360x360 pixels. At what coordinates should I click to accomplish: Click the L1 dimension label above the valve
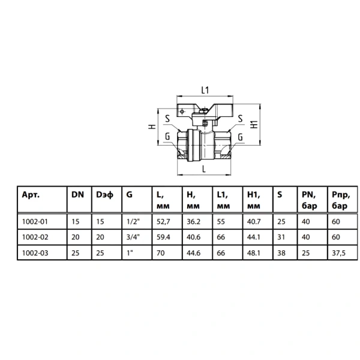coord(205,90)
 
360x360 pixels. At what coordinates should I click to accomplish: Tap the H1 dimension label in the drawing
coord(254,124)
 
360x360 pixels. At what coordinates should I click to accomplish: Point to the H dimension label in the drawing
coord(152,127)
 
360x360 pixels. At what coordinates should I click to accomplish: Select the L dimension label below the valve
coord(204,169)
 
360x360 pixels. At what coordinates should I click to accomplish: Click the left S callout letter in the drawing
coord(167,118)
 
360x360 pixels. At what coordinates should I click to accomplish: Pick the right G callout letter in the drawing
coord(240,137)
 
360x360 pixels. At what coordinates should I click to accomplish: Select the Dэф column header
coord(104,195)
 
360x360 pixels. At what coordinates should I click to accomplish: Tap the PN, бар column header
coord(309,200)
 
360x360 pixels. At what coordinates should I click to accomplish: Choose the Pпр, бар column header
coord(341,200)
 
